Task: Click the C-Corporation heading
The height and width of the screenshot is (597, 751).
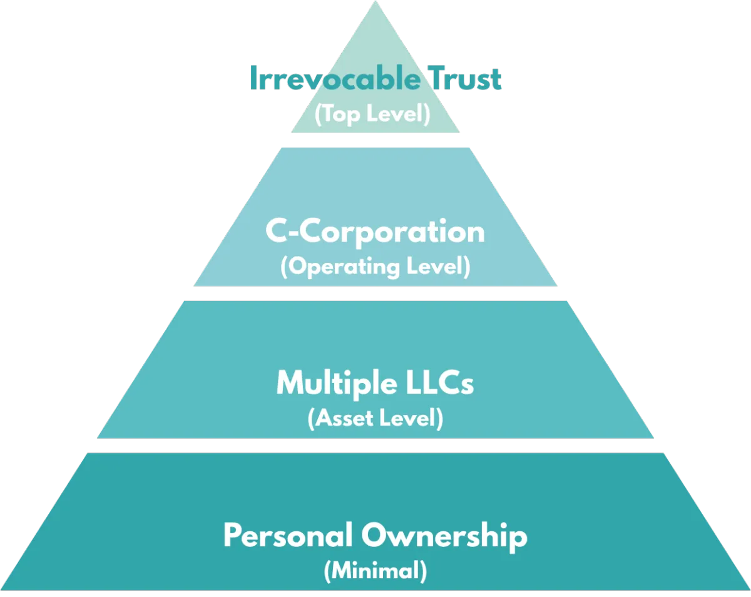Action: pyautogui.click(x=375, y=232)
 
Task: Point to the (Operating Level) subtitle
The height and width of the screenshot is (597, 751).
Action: pyautogui.click(x=375, y=267)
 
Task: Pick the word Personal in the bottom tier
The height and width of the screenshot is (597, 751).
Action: pyautogui.click(x=285, y=536)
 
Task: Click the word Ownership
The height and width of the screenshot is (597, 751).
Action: pyautogui.click(x=444, y=536)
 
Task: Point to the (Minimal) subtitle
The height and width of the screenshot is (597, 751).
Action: pyautogui.click(x=375, y=571)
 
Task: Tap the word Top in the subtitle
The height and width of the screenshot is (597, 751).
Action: pyautogui.click(x=342, y=115)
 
